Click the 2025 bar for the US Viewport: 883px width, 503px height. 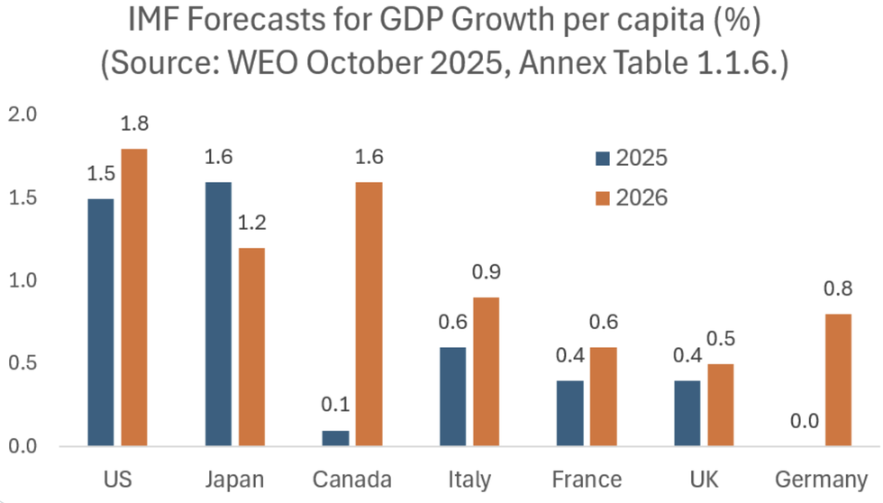[101, 322]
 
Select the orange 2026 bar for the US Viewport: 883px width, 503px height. [133, 297]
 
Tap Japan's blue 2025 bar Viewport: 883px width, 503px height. [218, 314]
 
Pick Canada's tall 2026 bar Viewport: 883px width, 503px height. [369, 314]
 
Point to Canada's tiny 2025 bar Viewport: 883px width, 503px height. [335, 438]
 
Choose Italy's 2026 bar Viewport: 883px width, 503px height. [486, 371]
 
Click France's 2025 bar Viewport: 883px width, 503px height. [569, 413]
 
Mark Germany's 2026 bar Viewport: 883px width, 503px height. [837, 380]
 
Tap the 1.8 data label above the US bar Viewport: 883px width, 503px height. [134, 124]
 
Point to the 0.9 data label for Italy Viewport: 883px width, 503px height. [486, 272]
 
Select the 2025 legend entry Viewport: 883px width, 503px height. [631, 158]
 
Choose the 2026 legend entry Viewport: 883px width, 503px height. [631, 197]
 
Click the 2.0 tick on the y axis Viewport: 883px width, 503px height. [23, 114]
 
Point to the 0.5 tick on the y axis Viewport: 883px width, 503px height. [23, 364]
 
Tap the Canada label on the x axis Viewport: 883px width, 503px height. [352, 479]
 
